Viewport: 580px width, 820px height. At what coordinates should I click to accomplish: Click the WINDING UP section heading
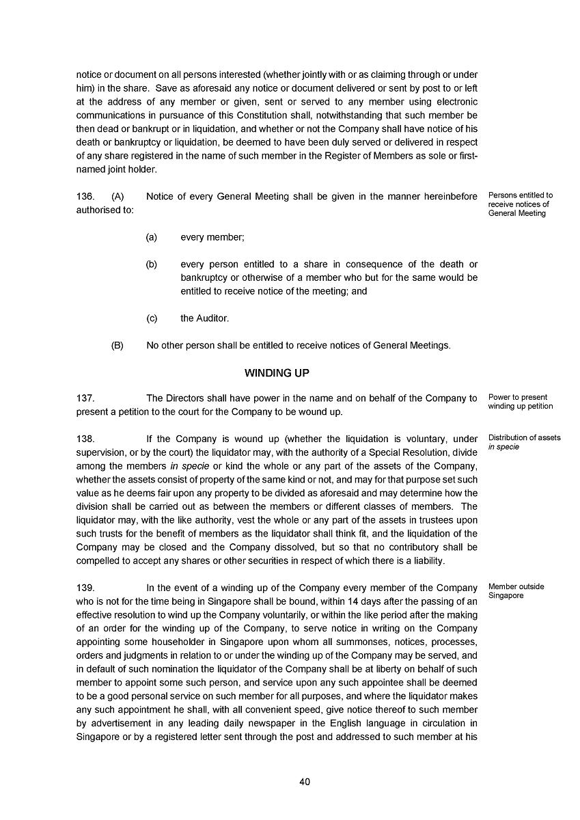coord(277,373)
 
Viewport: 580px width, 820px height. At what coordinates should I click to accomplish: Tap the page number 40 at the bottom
coord(305,782)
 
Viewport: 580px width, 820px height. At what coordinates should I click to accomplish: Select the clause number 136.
coord(85,197)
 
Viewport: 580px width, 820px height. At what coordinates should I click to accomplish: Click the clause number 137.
coord(85,398)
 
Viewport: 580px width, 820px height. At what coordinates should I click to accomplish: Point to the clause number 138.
coord(85,439)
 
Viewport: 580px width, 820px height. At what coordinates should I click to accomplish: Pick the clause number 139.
coord(85,588)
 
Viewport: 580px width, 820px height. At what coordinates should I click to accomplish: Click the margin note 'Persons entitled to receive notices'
coord(520,204)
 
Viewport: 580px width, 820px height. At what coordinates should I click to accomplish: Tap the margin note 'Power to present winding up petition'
coord(520,402)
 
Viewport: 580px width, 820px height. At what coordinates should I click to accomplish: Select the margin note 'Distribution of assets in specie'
coord(524,442)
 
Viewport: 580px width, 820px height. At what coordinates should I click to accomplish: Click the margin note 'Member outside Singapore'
coord(516,591)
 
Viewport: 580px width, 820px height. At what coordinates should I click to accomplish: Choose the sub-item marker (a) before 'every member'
coord(152,237)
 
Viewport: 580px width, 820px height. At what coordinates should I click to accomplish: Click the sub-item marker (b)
coord(152,264)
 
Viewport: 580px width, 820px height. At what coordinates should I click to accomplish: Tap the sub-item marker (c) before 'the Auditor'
coord(152,318)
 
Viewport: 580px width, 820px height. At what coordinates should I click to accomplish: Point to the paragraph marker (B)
coord(118,346)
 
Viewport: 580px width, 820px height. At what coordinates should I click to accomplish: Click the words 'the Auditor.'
coord(205,318)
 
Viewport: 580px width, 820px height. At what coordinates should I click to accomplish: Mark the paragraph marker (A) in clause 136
coord(118,197)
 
